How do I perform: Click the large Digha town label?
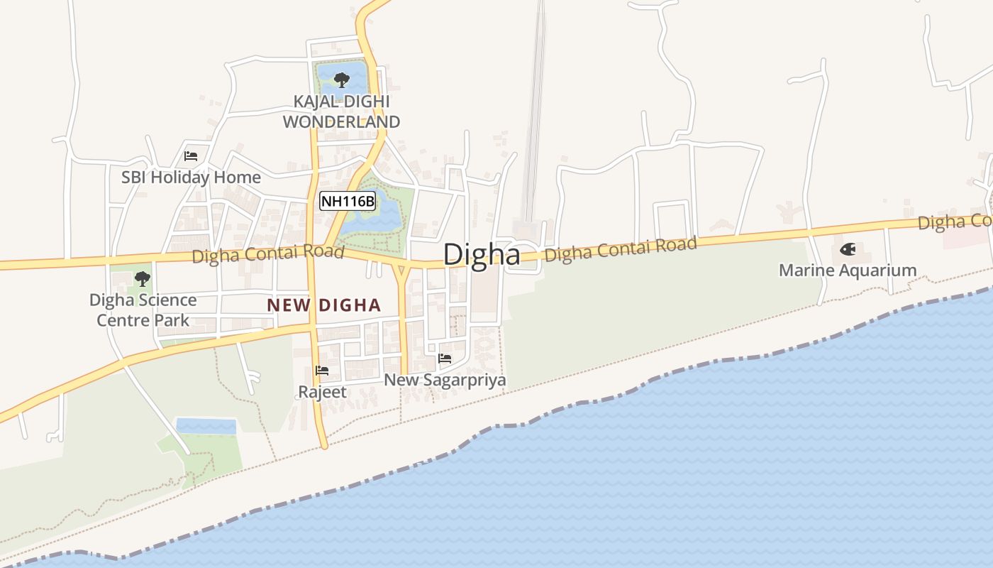pyautogui.click(x=482, y=255)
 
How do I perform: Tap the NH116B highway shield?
pyautogui.click(x=347, y=202)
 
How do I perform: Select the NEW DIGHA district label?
pyautogui.click(x=323, y=306)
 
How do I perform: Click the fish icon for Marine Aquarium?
pyautogui.click(x=847, y=249)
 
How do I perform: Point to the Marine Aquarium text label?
pyautogui.click(x=847, y=271)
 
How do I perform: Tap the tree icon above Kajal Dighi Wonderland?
pyautogui.click(x=341, y=79)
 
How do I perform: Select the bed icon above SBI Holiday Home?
pyautogui.click(x=190, y=156)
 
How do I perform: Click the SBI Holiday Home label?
pyautogui.click(x=191, y=177)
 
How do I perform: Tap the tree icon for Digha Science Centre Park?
pyautogui.click(x=143, y=278)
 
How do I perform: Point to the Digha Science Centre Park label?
pyautogui.click(x=143, y=310)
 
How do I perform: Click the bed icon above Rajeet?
pyautogui.click(x=322, y=371)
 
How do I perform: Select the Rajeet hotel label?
pyautogui.click(x=322, y=392)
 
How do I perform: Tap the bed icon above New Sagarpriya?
pyautogui.click(x=445, y=359)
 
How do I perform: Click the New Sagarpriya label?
pyautogui.click(x=445, y=381)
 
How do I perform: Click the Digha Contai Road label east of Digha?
pyautogui.click(x=621, y=249)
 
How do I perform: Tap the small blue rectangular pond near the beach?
pyautogui.click(x=206, y=426)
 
